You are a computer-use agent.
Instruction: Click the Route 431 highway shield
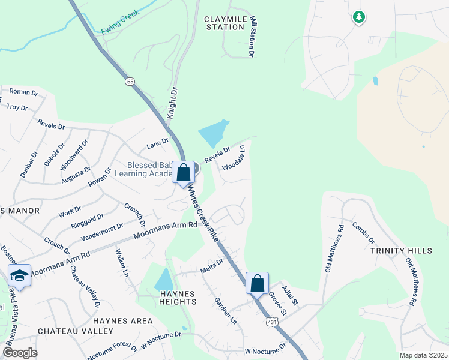[273, 322]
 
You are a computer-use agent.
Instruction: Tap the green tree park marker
[358, 17]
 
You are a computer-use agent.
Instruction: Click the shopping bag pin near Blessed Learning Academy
[184, 173]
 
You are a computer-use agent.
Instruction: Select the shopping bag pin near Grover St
[257, 283]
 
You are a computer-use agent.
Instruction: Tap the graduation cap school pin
[19, 275]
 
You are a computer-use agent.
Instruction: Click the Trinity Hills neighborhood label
[401, 250]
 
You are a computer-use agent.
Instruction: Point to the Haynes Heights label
[178, 298]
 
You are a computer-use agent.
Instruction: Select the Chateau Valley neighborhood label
[76, 331]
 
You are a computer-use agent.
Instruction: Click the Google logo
[20, 353]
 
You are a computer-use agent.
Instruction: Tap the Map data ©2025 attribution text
[423, 355]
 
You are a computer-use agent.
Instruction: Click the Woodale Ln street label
[234, 157]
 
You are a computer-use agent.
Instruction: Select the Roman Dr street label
[23, 93]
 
